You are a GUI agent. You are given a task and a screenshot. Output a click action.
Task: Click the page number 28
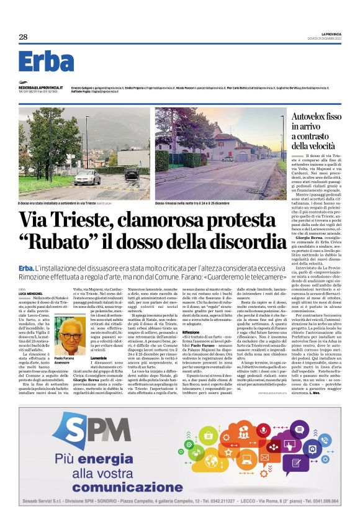23,37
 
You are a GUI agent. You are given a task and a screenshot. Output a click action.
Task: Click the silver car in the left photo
88,178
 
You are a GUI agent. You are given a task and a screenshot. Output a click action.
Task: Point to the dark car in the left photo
131,174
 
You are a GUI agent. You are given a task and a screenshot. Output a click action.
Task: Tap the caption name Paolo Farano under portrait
65,359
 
